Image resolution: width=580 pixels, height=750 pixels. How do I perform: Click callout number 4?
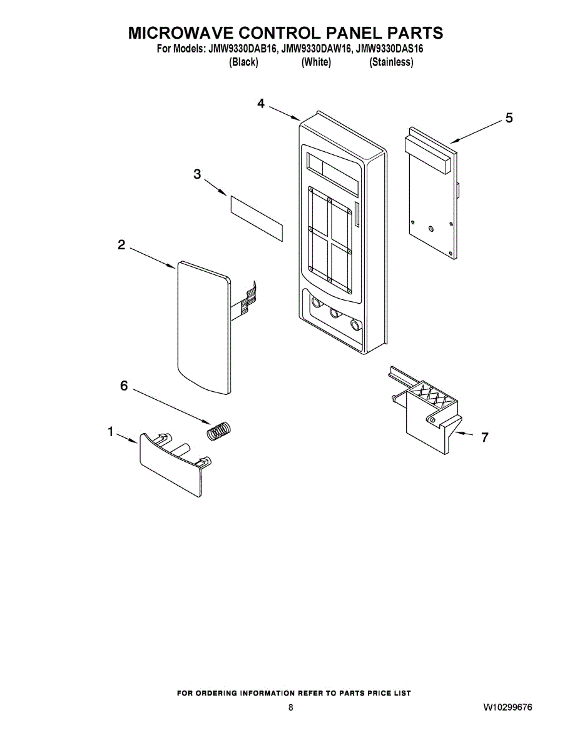click(x=260, y=104)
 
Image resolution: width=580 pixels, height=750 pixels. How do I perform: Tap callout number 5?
click(x=509, y=117)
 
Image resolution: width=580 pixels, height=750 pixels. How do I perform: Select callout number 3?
click(x=197, y=174)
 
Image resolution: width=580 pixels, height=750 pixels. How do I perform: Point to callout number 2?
click(x=121, y=245)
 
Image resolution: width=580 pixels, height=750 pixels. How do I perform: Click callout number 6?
click(x=124, y=386)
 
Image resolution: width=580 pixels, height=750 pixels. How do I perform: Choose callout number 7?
click(x=484, y=437)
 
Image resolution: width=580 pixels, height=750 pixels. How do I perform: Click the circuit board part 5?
click(x=432, y=200)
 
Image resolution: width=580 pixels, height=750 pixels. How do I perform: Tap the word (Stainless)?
click(x=391, y=62)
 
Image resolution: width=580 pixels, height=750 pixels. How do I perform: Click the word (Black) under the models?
click(x=244, y=62)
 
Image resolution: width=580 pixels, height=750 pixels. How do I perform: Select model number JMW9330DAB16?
click(x=238, y=48)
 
